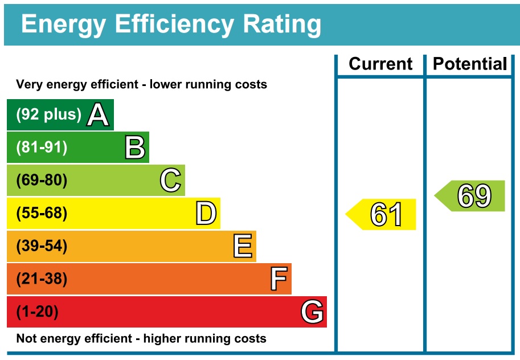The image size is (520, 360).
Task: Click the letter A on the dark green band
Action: pos(97,115)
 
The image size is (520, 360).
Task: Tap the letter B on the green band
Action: pos(136,148)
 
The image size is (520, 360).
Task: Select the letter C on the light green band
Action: pos(170,181)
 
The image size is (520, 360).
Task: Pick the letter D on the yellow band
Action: pos(206,214)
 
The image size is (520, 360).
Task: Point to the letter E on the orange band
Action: pos(243,247)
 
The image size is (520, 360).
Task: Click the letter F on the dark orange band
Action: pos(279,279)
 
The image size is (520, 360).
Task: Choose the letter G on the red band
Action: pos(313,312)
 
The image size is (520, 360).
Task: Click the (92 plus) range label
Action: pos(49,114)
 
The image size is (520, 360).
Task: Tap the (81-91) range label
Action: pos(42,148)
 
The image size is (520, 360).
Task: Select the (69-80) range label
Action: pos(42,181)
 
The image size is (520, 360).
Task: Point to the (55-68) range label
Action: pos(42,214)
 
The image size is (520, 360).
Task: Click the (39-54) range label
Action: pos(42,247)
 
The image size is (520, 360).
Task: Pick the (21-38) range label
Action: pos(42,279)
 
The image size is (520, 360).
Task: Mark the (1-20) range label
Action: pos(38,312)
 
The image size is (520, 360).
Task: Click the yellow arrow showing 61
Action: pos(382,215)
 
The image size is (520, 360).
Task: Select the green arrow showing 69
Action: pos(470,196)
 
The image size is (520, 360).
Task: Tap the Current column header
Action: pos(380,64)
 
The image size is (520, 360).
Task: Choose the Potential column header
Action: pos(470,64)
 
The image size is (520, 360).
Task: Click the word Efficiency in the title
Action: pos(174,24)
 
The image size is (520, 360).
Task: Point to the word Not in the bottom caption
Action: pos(27,338)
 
